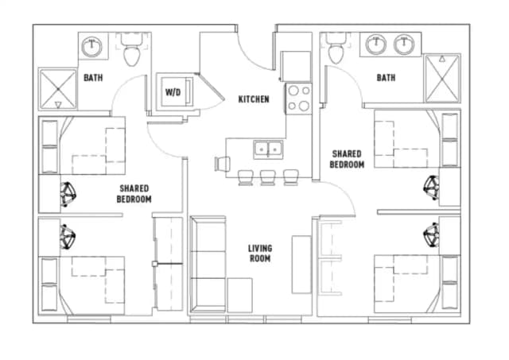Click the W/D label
[x=173, y=92]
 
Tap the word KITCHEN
[x=254, y=99]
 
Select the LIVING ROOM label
[x=259, y=254]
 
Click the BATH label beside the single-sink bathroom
[x=91, y=78]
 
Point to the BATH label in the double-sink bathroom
[x=386, y=78]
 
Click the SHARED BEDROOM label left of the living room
[x=134, y=193]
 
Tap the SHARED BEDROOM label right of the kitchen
[x=347, y=159]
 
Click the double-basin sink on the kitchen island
[x=267, y=148]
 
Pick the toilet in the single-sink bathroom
[x=131, y=52]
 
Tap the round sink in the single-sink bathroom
[x=94, y=45]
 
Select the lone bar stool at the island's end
[x=220, y=163]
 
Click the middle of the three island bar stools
[x=268, y=176]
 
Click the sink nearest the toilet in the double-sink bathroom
[x=375, y=45]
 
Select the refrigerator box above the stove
[x=295, y=64]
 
